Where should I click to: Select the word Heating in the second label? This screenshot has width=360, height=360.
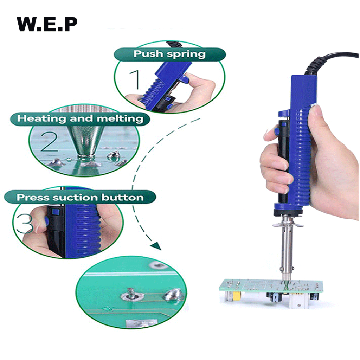[x=42, y=118]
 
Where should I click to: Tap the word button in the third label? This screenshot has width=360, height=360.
[x=123, y=197]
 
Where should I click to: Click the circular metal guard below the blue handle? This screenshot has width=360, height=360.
[x=288, y=224]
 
